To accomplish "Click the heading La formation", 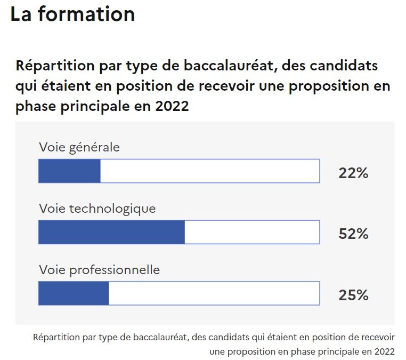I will click(x=72, y=15).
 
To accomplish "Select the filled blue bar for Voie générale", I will click(x=69, y=171).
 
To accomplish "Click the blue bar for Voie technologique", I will click(x=111, y=233).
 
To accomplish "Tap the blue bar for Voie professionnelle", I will click(x=74, y=293).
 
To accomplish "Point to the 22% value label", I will click(x=353, y=173).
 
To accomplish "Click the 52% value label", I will click(x=353, y=234).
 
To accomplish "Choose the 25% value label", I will click(x=353, y=295).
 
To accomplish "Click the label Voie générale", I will click(x=79, y=147).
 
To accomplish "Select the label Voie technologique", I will click(x=98, y=208).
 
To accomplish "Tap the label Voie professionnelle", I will click(x=100, y=269).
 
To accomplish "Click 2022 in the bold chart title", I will click(x=173, y=106).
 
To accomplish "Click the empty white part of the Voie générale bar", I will click(x=210, y=171).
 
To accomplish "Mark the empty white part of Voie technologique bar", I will click(x=252, y=233).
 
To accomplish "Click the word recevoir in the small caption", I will click(x=377, y=338).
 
